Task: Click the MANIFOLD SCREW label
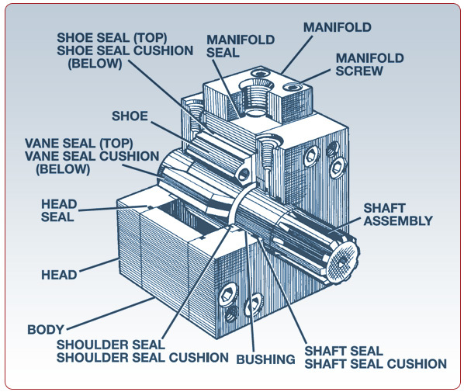(369, 64)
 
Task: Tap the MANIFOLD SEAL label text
(241, 47)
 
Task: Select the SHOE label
(130, 116)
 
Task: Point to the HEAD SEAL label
(59, 210)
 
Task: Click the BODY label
(46, 330)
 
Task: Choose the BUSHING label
(265, 359)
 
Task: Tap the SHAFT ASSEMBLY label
(398, 214)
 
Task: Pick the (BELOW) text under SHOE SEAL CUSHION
(95, 64)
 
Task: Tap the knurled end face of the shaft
(343, 262)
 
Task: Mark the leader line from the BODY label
(111, 314)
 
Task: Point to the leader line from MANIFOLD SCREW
(316, 76)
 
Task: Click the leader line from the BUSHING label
(250, 291)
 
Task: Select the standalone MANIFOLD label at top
(338, 27)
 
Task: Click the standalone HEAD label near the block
(59, 275)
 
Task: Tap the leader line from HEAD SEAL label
(113, 209)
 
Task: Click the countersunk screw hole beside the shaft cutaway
(268, 142)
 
